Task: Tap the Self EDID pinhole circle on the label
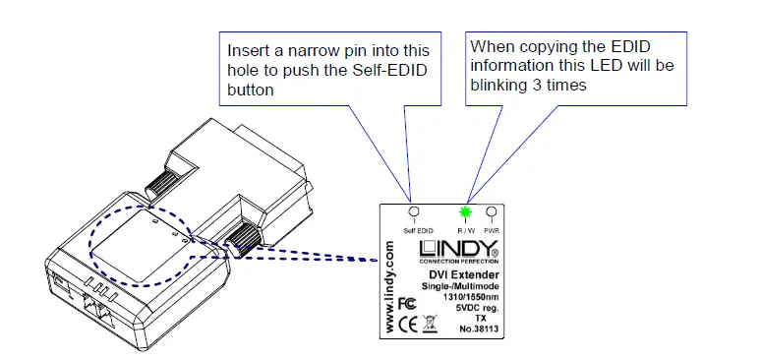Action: pyautogui.click(x=414, y=211)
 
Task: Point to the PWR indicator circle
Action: pyautogui.click(x=490, y=211)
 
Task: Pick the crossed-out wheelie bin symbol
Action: pyautogui.click(x=430, y=323)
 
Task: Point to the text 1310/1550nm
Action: pyautogui.click(x=471, y=297)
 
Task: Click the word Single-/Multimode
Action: pyautogui.click(x=463, y=287)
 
